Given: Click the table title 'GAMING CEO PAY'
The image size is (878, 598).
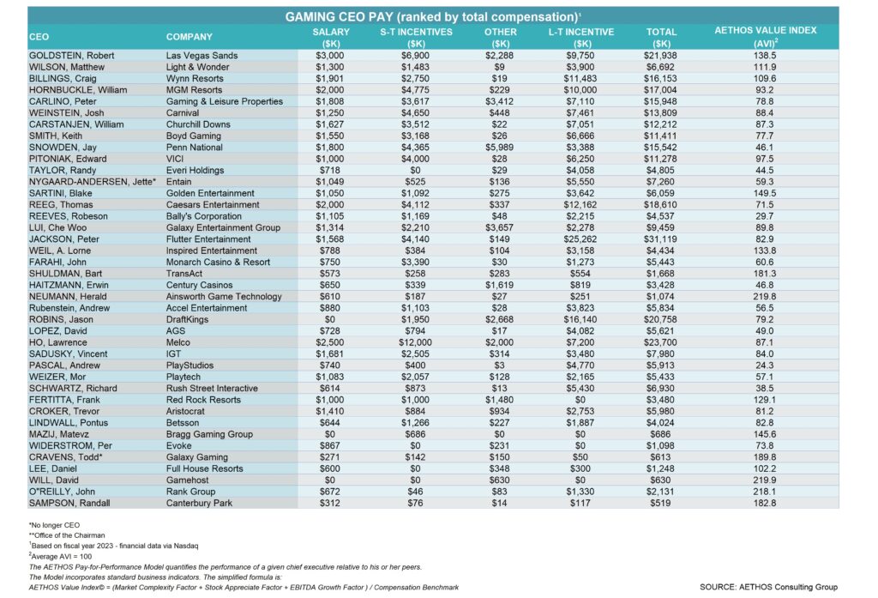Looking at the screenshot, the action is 345,17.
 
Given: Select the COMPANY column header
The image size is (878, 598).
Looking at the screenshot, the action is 189,37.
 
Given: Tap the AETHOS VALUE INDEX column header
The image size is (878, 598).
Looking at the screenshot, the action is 766,30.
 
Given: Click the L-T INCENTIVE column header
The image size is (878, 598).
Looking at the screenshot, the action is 581,32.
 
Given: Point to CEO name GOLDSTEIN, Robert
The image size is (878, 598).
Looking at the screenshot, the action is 72,56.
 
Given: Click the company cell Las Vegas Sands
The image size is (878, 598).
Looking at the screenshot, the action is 201,56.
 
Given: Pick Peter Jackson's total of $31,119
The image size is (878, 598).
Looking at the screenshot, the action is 660,239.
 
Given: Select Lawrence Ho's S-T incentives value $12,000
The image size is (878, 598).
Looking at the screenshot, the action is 415,342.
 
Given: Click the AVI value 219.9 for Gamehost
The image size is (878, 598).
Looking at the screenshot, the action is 764,480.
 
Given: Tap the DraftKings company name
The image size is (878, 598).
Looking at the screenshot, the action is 187,319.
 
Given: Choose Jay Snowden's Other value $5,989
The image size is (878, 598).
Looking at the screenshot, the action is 499,148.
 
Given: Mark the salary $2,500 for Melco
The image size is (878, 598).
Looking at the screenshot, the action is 330,342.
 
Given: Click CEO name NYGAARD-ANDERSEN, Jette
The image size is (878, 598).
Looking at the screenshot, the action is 93,182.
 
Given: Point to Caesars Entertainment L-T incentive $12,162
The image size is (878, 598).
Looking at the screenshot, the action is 580,204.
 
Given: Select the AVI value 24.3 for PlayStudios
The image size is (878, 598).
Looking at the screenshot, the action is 764,365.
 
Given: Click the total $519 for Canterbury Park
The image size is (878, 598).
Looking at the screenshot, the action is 660,504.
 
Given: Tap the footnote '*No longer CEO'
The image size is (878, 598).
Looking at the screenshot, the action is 54,525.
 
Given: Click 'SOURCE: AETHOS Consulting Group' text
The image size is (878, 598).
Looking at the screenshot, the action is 768,587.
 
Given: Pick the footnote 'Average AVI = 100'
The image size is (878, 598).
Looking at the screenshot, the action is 61,557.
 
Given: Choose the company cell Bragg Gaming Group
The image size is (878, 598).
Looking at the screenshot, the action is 209,434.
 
